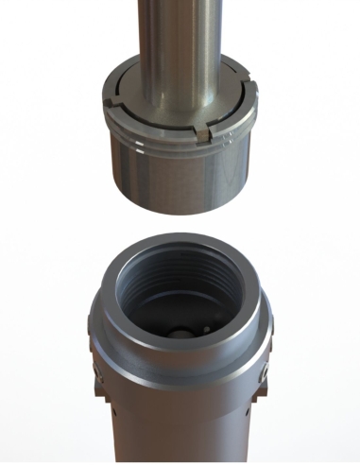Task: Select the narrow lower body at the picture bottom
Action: [x=180, y=439]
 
